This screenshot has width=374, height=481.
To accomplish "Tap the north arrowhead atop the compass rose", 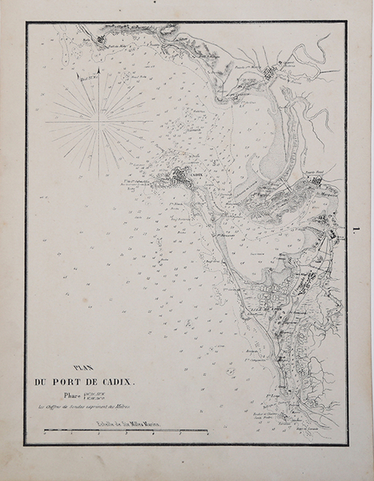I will tap(98, 72).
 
